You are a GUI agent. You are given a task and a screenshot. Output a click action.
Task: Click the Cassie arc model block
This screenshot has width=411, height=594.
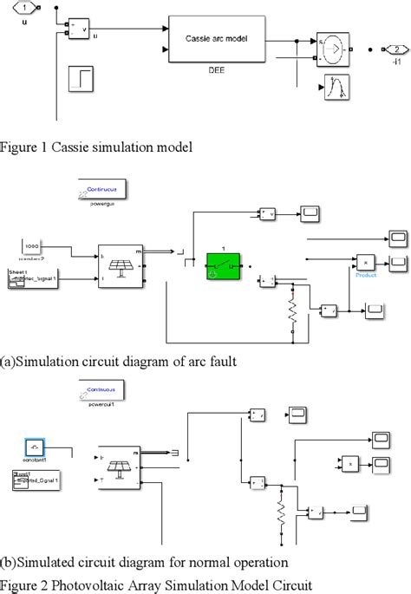pos(216,39)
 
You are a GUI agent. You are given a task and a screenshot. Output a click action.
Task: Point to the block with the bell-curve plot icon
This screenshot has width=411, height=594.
pos(336,88)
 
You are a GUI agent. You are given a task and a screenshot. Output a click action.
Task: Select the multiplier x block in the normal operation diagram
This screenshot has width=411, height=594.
pos(349,464)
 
